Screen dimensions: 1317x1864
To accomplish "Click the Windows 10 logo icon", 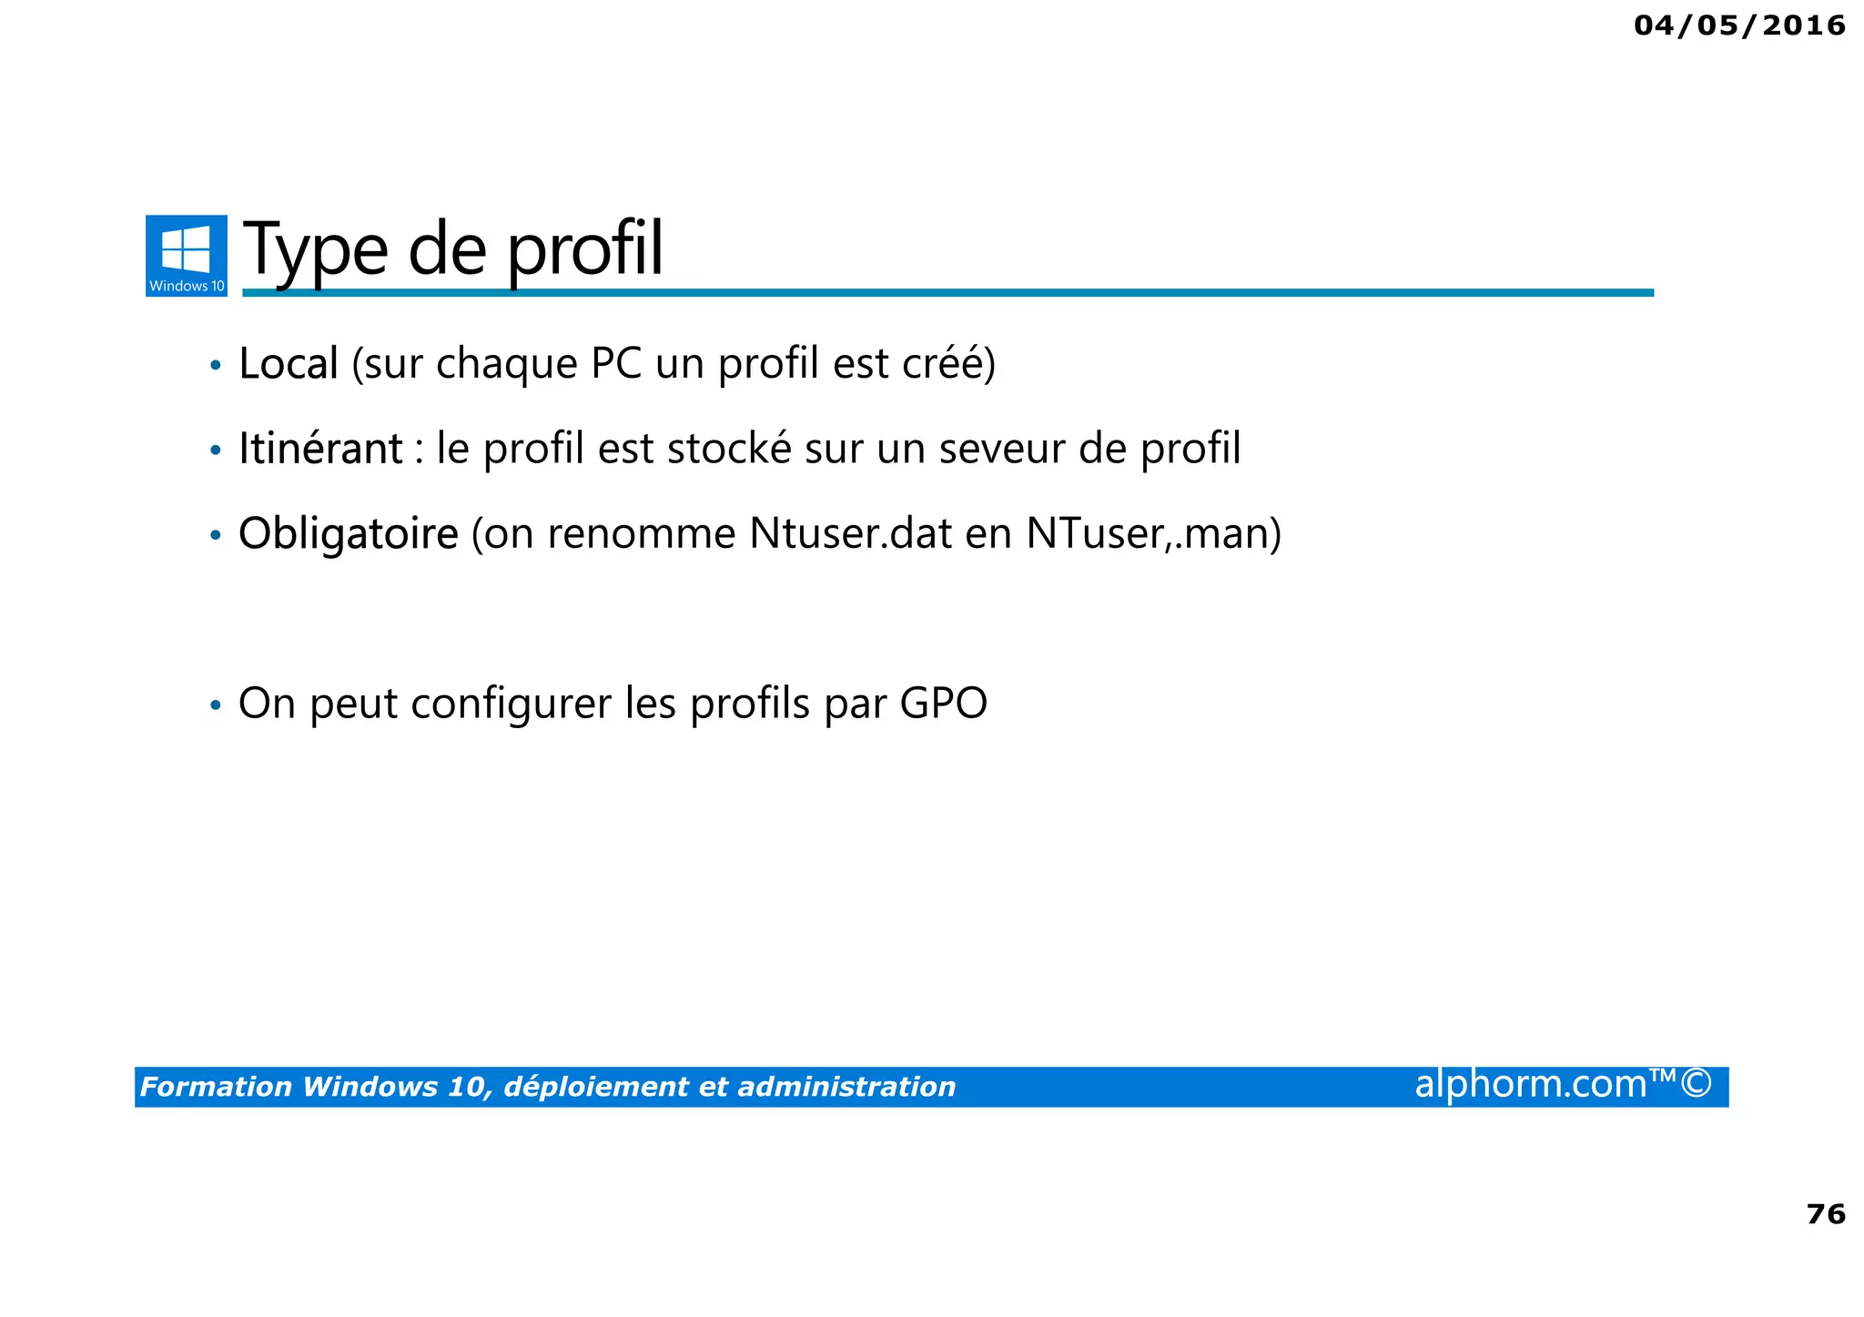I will point(186,255).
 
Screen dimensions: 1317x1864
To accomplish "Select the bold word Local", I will point(289,363).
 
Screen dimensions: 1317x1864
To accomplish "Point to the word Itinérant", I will point(320,448).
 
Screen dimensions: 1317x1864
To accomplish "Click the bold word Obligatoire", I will point(348,533).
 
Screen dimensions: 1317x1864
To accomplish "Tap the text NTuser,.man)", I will point(1153,533).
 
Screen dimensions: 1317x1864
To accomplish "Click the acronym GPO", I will point(943,704).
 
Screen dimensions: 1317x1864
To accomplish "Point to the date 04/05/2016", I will point(1739,25).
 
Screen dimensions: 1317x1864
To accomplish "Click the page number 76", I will point(1825,1214).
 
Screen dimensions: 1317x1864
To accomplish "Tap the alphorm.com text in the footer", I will point(1531,1084).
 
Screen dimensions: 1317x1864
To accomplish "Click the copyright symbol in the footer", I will point(1697,1084).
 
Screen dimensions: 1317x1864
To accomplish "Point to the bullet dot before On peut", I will point(216,705).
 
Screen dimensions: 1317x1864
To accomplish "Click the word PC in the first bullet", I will point(616,363).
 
